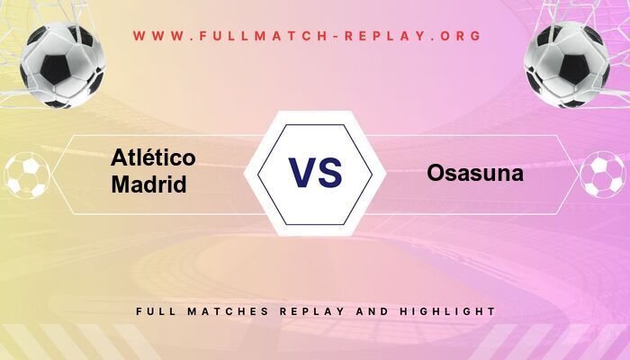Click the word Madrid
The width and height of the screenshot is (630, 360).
149,184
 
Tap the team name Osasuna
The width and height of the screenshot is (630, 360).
475,173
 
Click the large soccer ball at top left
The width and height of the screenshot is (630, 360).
62,64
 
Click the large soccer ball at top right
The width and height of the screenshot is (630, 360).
568,64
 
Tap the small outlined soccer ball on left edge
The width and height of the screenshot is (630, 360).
27,175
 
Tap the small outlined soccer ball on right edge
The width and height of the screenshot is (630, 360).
602,175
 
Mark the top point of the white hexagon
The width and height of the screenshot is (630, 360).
315,112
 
